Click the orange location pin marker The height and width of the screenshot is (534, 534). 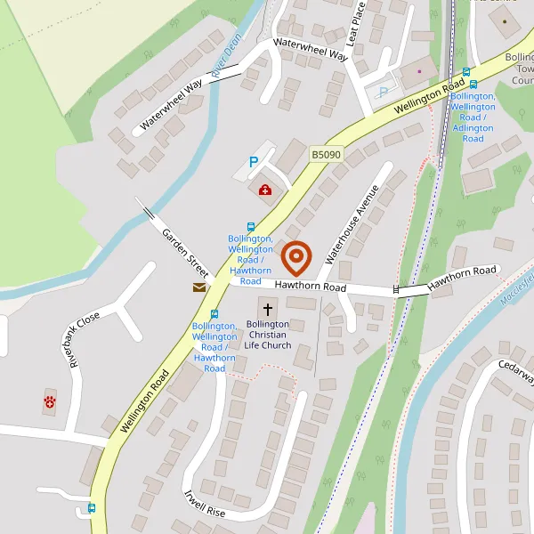(295, 258)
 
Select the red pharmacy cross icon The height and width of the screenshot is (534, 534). (265, 190)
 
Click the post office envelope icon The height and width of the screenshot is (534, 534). (199, 287)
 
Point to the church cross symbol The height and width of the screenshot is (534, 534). (268, 308)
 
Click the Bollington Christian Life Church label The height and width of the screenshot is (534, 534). (268, 335)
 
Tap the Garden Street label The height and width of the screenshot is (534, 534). (185, 251)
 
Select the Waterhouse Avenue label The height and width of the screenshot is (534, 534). (352, 224)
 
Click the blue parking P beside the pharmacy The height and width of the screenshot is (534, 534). (253, 163)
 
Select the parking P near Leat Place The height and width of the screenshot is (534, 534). (384, 92)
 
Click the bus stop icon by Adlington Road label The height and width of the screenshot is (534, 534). (465, 73)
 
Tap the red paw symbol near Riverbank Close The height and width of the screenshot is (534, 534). (49, 402)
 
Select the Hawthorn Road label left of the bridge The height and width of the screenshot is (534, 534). (310, 287)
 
